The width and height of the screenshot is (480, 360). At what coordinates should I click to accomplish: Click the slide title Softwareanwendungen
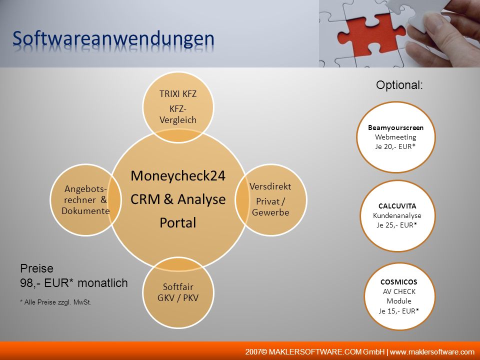(113, 39)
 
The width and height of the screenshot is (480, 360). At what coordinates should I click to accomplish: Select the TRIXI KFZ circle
(178, 107)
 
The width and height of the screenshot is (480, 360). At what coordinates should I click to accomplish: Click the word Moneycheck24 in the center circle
(178, 175)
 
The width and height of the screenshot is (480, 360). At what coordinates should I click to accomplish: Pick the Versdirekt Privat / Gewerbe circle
(270, 199)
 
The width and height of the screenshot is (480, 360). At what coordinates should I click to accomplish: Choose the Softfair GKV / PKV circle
(178, 292)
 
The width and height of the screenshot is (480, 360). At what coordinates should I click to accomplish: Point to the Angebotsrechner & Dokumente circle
(85, 199)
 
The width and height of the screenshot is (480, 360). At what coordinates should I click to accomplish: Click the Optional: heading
(399, 85)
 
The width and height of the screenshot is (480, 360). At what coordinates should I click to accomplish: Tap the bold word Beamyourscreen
(396, 127)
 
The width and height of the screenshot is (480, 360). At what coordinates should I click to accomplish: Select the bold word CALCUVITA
(397, 205)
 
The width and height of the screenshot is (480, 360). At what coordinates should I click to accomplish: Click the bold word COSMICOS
(398, 282)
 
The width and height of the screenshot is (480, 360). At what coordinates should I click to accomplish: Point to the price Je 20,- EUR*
(395, 146)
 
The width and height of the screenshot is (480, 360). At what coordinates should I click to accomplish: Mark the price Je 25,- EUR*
(396, 225)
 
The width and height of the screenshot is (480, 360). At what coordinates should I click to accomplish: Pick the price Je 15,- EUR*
(398, 311)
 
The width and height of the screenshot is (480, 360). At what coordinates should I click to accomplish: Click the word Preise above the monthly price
(36, 268)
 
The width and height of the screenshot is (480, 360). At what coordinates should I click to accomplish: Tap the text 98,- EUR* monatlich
(74, 283)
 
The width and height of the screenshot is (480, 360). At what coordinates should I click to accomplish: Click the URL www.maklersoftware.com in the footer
(432, 351)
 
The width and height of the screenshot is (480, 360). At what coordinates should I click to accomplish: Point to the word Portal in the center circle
(178, 222)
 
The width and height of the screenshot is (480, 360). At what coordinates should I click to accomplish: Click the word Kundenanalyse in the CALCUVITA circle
(397, 215)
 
